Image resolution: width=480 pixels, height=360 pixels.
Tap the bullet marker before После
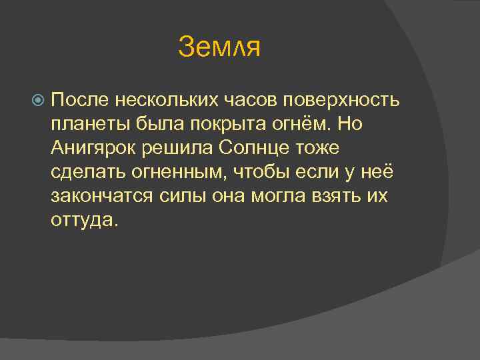click(38, 101)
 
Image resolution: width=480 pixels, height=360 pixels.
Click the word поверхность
click(342, 100)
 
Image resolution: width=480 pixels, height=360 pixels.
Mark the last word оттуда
click(83, 220)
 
